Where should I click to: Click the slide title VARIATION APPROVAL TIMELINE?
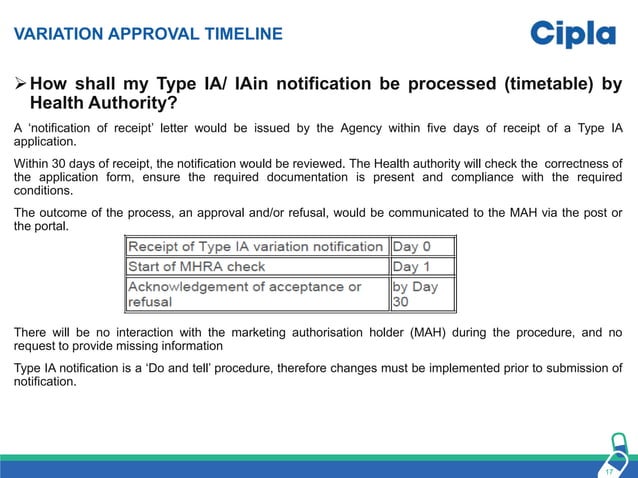point(147,35)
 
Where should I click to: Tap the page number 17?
point(608,470)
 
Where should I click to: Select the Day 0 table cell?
point(421,246)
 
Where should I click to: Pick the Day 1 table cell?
point(421,267)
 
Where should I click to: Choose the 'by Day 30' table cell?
point(421,293)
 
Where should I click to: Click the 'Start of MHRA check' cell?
point(256,267)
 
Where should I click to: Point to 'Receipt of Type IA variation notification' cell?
point(256,246)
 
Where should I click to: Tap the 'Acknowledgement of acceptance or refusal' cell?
point(256,293)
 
